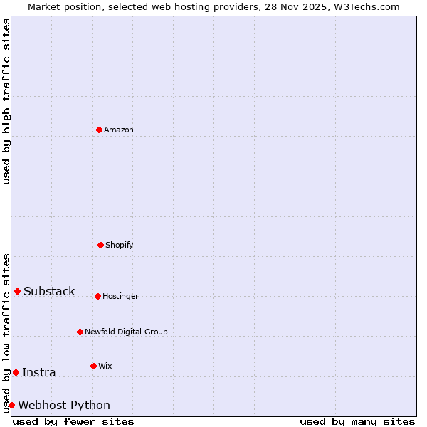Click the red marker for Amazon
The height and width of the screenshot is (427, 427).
99,130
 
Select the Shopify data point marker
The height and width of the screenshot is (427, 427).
100,245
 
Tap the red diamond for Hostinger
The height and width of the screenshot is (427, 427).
97,296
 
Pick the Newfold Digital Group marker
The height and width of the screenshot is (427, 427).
80,332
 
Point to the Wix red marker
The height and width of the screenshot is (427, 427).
93,366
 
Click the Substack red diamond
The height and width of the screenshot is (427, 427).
17,291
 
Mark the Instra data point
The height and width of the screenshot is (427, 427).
16,372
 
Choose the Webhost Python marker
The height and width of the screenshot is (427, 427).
11,405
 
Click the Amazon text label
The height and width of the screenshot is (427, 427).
119,130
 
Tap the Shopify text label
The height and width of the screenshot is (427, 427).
120,245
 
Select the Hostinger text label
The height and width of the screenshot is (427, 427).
120,296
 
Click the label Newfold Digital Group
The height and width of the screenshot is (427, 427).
126,332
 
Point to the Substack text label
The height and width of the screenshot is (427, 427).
49,291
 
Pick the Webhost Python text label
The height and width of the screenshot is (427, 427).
64,405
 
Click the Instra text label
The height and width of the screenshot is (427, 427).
38,372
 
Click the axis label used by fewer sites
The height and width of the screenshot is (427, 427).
73,421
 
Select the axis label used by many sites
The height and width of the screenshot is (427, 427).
357,421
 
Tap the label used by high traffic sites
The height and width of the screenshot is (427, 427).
6,101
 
